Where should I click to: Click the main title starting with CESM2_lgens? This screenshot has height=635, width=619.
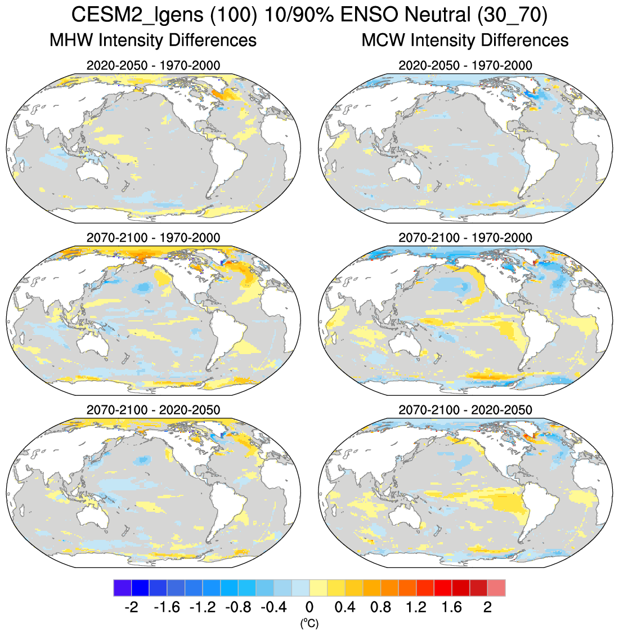point(309,15)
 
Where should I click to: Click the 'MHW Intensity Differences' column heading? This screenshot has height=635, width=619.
point(153,41)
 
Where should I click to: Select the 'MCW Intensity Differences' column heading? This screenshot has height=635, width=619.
point(465,41)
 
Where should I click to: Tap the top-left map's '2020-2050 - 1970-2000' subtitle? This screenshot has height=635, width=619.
point(153,65)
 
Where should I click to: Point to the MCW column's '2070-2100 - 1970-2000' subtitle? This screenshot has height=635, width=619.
point(465,238)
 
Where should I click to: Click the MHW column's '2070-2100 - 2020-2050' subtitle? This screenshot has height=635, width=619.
point(153,410)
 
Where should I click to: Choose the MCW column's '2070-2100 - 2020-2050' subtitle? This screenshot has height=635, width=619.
point(465,410)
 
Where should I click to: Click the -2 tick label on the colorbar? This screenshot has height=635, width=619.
point(131,608)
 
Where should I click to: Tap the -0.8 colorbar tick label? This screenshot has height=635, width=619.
point(237,608)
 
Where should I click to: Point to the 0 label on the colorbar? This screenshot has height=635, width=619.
point(309,608)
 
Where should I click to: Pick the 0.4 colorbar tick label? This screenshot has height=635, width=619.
point(344,608)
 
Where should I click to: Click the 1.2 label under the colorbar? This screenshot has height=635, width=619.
point(416,608)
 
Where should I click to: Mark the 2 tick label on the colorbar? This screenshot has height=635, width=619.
point(487,608)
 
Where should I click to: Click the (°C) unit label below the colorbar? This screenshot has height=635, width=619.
point(309,623)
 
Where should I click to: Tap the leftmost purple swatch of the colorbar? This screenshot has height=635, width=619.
point(122,588)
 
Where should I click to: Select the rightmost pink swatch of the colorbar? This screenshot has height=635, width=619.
point(496,588)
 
